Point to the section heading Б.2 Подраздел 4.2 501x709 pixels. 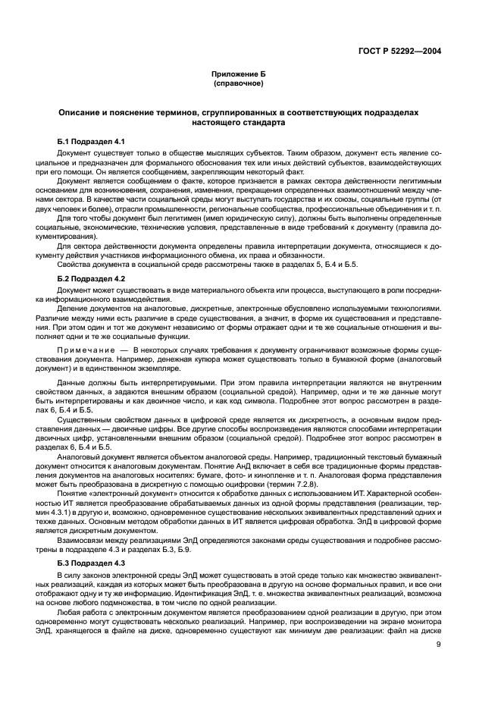(96, 280)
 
